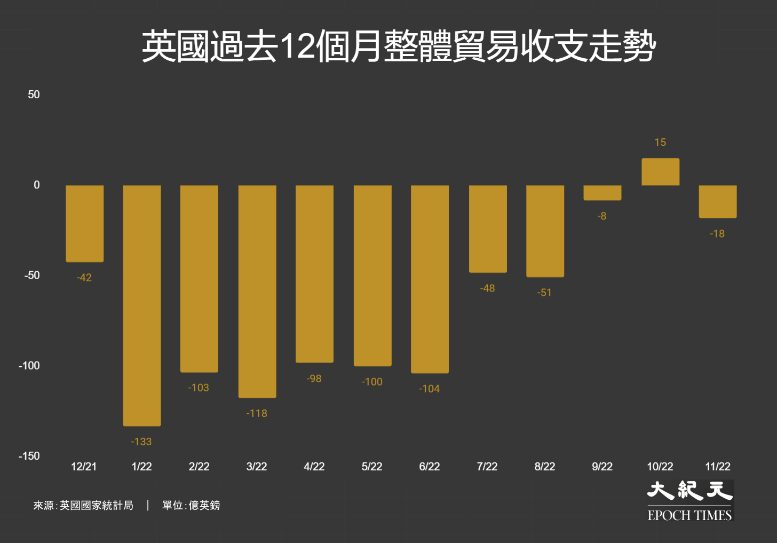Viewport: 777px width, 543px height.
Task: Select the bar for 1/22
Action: click(x=142, y=305)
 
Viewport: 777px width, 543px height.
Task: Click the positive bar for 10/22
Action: click(x=660, y=172)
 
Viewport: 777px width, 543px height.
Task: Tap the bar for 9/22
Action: click(x=602, y=193)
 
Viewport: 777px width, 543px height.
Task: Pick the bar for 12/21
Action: click(x=85, y=224)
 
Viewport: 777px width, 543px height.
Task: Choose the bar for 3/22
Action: click(x=257, y=292)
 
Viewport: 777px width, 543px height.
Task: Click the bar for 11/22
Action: click(x=718, y=201)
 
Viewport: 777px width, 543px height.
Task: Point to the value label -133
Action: click(x=141, y=442)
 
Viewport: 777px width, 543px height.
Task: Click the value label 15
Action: click(x=660, y=143)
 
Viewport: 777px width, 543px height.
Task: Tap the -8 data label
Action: click(x=602, y=216)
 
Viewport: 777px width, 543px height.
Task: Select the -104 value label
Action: click(x=430, y=389)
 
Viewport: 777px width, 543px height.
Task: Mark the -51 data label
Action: click(x=544, y=293)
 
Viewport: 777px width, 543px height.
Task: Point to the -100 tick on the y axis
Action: click(x=29, y=366)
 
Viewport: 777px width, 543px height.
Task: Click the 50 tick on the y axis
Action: click(x=34, y=95)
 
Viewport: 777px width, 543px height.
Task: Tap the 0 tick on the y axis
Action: click(x=36, y=185)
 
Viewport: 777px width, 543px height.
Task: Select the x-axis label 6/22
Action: click(x=430, y=467)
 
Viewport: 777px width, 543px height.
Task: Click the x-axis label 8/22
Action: click(x=545, y=467)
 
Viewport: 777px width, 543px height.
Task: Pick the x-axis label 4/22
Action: click(x=314, y=467)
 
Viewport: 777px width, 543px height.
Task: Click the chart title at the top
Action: click(x=398, y=46)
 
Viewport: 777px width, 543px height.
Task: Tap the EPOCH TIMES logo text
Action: click(x=689, y=515)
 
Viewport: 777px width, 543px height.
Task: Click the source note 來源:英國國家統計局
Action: click(x=83, y=505)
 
